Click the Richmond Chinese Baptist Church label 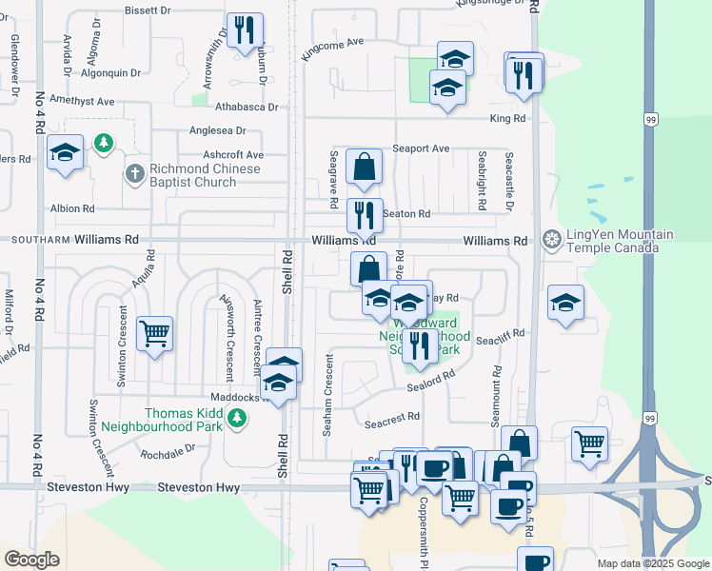click(205, 175)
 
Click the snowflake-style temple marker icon click(550, 238)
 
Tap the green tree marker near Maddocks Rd click(238, 418)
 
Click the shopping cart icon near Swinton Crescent click(154, 334)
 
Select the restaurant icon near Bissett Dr click(246, 30)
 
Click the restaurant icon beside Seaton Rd click(364, 215)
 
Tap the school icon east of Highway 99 click(566, 303)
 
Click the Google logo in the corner click(31, 560)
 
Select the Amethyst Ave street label click(82, 101)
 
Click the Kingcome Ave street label click(332, 49)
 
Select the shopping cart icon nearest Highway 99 click(590, 443)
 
